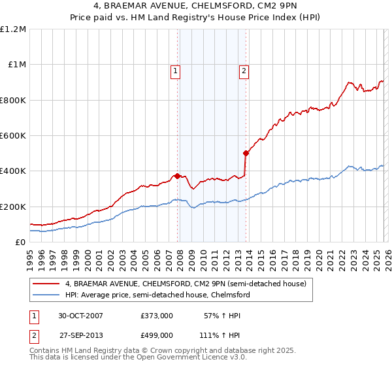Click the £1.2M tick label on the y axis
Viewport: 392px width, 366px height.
point(13,29)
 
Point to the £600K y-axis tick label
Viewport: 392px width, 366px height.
point(13,136)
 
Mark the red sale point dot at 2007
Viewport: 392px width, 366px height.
point(177,176)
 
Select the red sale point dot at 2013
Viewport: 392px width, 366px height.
point(246,154)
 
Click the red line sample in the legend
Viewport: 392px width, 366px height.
point(47,284)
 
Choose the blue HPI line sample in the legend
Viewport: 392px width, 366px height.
point(47,295)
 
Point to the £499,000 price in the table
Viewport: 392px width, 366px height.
point(156,335)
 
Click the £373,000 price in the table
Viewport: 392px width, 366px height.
point(156,315)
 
